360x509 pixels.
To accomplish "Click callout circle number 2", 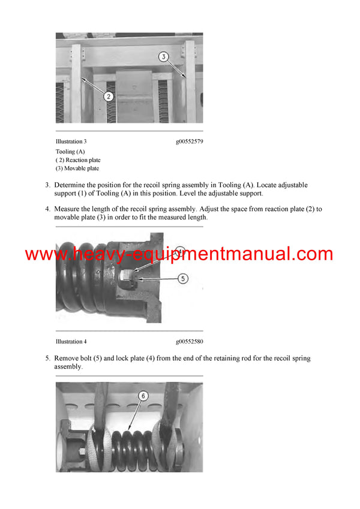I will (108, 96).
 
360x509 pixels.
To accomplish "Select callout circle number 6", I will (143, 396).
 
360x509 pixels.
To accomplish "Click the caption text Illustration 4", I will (71, 342).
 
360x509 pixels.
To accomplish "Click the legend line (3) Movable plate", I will (78, 168).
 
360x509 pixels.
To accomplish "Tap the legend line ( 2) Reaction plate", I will (79, 160).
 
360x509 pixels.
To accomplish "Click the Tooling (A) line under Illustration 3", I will (70, 152).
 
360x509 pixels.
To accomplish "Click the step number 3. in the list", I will (48, 185).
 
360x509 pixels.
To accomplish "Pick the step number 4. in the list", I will (48, 209).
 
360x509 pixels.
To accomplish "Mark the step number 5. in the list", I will (48, 358).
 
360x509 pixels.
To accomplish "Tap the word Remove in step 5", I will (68, 358).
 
